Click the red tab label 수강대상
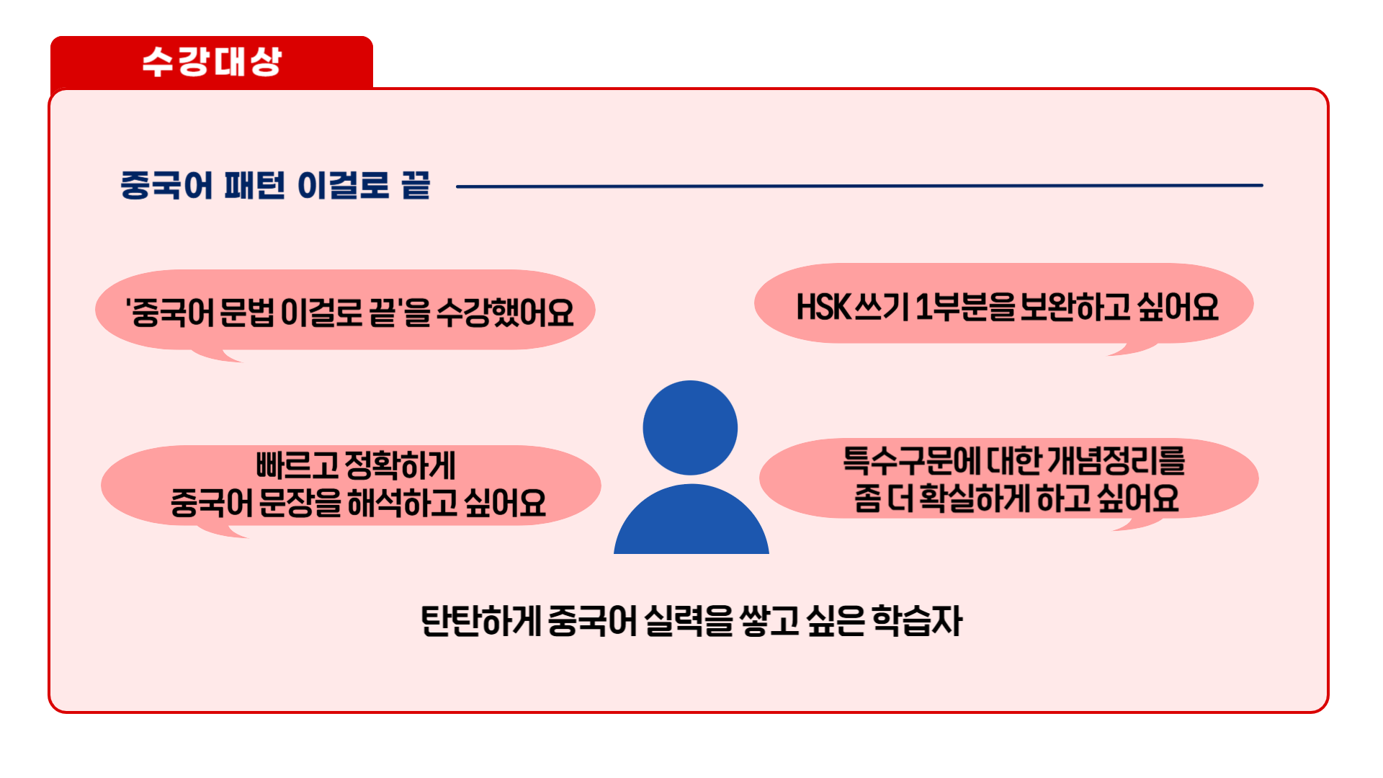211,62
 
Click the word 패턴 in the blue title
254,186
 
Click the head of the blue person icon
690,428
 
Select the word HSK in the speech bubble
823,308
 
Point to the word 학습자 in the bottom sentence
917,621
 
